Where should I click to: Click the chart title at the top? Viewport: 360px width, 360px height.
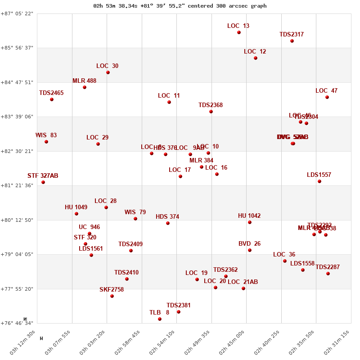coord(180,6)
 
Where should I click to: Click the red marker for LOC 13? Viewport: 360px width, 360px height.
coord(239,32)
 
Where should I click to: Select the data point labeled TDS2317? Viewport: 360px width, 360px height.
coord(292,41)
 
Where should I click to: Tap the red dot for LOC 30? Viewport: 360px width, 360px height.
coord(108,72)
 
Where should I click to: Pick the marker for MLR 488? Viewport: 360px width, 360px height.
coord(85,87)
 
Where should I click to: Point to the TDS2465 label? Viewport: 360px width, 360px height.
coord(51,93)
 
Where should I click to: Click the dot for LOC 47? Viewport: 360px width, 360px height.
coord(327,97)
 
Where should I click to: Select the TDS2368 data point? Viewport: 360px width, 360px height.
coord(211,112)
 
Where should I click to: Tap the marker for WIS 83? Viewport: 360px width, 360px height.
coord(46,142)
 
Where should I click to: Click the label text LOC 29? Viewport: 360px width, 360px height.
coord(98,138)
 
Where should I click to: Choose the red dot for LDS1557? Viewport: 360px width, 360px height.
coord(319,181)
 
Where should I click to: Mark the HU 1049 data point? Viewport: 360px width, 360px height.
coord(76,214)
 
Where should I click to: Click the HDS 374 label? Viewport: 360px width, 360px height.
coord(167,217)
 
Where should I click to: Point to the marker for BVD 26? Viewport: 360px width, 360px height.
coord(250,250)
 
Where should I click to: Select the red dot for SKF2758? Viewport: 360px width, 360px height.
coord(112,296)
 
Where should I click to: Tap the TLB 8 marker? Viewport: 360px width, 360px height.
coord(160,319)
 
